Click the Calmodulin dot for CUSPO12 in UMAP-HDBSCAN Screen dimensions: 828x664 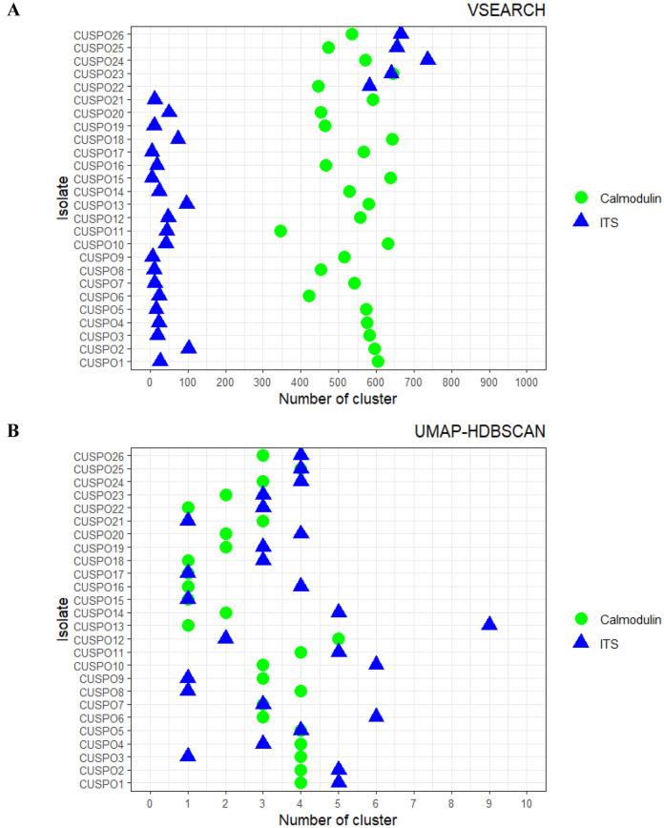pos(339,638)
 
